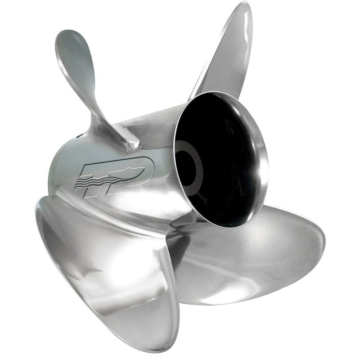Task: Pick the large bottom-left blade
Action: tap(108, 270)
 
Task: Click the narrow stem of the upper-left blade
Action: tap(103, 112)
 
